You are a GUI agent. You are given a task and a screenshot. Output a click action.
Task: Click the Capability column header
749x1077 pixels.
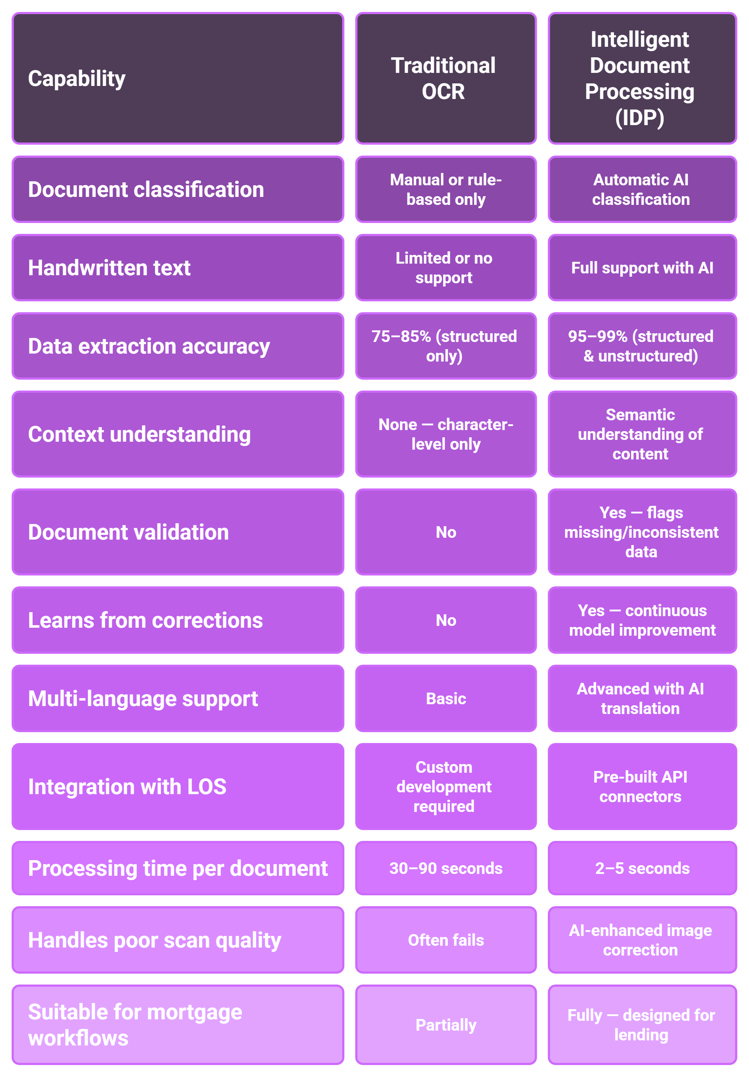point(178,78)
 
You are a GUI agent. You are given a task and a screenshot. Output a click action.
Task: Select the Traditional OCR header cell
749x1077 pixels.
point(446,78)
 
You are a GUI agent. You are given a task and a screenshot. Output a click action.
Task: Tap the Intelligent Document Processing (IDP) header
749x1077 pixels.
point(642,78)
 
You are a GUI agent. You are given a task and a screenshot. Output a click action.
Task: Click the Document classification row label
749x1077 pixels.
point(178,189)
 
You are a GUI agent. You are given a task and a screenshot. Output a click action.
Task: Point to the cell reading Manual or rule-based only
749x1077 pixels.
point(446,189)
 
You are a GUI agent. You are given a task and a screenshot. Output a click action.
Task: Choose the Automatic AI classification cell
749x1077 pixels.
point(642,189)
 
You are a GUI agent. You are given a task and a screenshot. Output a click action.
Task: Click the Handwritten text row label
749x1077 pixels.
point(178,268)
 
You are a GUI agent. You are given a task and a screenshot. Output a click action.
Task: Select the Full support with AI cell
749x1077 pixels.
point(642,268)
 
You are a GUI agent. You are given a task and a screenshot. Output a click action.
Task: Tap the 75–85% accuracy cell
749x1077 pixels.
point(446,346)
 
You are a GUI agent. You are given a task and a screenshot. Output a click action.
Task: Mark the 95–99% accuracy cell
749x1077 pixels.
point(642,346)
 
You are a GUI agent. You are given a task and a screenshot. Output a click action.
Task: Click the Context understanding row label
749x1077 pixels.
point(178,434)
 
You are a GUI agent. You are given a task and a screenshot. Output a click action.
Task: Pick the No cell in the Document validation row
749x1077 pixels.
point(446,532)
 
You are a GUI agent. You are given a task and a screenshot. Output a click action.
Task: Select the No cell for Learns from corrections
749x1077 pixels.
point(446,620)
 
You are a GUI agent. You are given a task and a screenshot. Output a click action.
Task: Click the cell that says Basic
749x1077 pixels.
point(446,699)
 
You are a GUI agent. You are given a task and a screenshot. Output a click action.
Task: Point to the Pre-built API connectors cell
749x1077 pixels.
point(642,787)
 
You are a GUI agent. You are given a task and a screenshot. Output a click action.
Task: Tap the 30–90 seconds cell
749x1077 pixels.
point(446,868)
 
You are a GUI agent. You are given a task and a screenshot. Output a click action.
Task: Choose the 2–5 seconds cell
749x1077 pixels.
point(642,868)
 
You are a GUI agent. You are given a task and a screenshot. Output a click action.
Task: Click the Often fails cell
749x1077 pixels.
point(446,940)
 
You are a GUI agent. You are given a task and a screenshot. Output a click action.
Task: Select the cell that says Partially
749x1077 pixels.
point(446,1025)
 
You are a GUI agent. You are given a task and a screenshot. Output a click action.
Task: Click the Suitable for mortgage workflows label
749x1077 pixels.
point(178,1025)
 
